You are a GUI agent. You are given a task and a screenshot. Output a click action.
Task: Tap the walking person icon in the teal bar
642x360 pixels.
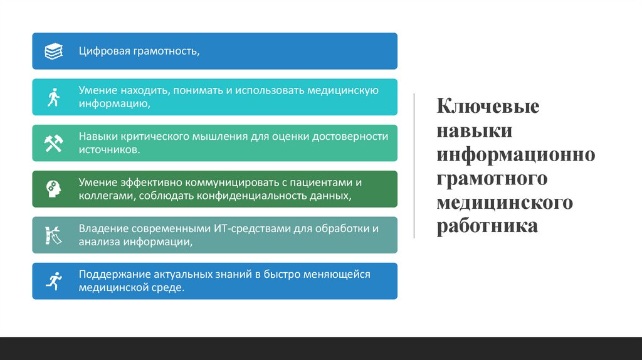[x=53, y=97]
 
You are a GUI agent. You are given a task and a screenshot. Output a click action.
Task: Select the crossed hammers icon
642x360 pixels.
[x=53, y=143]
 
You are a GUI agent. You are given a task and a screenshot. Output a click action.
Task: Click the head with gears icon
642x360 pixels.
[x=53, y=189]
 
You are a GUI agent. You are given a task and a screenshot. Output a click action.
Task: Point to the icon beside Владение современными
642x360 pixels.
[x=53, y=235]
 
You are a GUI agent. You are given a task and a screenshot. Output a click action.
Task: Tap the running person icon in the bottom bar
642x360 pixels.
[x=53, y=281]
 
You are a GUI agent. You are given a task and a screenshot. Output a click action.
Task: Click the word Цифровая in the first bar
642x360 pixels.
[x=103, y=51]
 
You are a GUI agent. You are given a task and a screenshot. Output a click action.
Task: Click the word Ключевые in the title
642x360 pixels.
[x=488, y=107]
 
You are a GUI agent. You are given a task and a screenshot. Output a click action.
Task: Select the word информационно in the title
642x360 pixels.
[x=516, y=155]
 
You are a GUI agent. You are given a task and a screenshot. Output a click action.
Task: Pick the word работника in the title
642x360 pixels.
[x=487, y=226]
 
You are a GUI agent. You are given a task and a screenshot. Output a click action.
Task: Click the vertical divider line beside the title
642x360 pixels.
[x=414, y=166]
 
